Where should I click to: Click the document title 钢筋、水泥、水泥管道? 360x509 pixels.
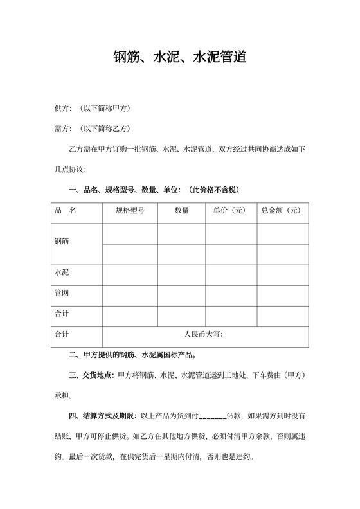pos(179,58)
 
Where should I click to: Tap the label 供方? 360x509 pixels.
pos(64,107)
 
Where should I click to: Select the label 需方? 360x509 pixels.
pos(64,129)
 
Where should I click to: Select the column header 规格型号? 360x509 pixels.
pos(130,210)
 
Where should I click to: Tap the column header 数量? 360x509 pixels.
pos(181,210)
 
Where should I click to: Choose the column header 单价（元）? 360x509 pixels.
pos(231,210)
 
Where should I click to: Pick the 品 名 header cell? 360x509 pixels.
pos(66,210)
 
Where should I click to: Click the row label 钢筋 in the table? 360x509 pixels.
pos(62,242)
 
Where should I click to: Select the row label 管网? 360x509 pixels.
pos(62,292)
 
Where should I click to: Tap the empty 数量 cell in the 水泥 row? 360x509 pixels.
pos(181,273)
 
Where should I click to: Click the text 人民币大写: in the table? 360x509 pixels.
pos(203,334)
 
